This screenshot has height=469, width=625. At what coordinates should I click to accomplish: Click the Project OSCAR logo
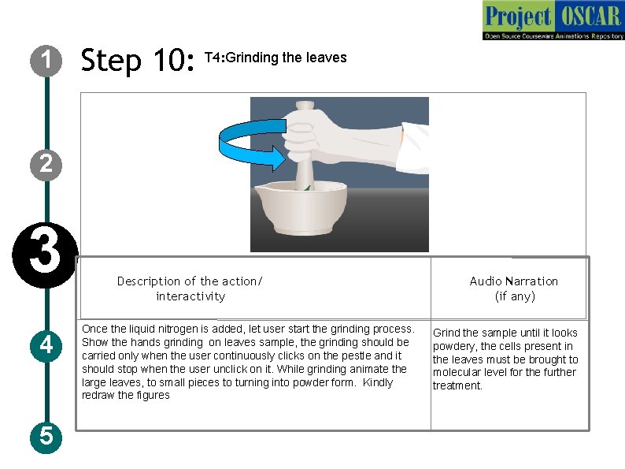pyautogui.click(x=553, y=20)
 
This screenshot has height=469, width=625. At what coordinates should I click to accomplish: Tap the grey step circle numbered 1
pyautogui.click(x=46, y=61)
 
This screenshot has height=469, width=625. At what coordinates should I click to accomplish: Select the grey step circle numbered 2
pyautogui.click(x=46, y=165)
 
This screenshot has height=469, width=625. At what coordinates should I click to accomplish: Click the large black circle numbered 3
pyautogui.click(x=45, y=255)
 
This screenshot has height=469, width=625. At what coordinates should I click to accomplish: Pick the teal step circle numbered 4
pyautogui.click(x=46, y=346)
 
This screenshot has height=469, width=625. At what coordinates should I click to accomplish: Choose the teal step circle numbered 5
pyautogui.click(x=46, y=437)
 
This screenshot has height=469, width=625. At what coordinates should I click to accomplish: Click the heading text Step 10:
pyautogui.click(x=138, y=60)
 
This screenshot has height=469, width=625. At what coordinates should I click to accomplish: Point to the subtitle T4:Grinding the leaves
pyautogui.click(x=276, y=58)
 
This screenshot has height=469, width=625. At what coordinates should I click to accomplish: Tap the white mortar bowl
pyautogui.click(x=301, y=207)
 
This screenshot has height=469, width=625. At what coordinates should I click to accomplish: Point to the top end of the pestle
pyautogui.click(x=305, y=105)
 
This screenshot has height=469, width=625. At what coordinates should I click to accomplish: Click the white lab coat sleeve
pyautogui.click(x=415, y=147)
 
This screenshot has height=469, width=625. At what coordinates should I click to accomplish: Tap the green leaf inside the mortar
pyautogui.click(x=307, y=187)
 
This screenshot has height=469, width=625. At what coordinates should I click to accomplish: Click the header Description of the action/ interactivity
pyautogui.click(x=190, y=288)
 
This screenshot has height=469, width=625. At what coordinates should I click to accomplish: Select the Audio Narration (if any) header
pyautogui.click(x=514, y=288)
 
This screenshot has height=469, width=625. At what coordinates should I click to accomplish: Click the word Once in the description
pyautogui.click(x=94, y=329)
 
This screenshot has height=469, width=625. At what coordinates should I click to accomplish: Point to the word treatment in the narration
pyautogui.click(x=457, y=385)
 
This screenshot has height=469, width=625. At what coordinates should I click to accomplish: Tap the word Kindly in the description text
pyautogui.click(x=378, y=382)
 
